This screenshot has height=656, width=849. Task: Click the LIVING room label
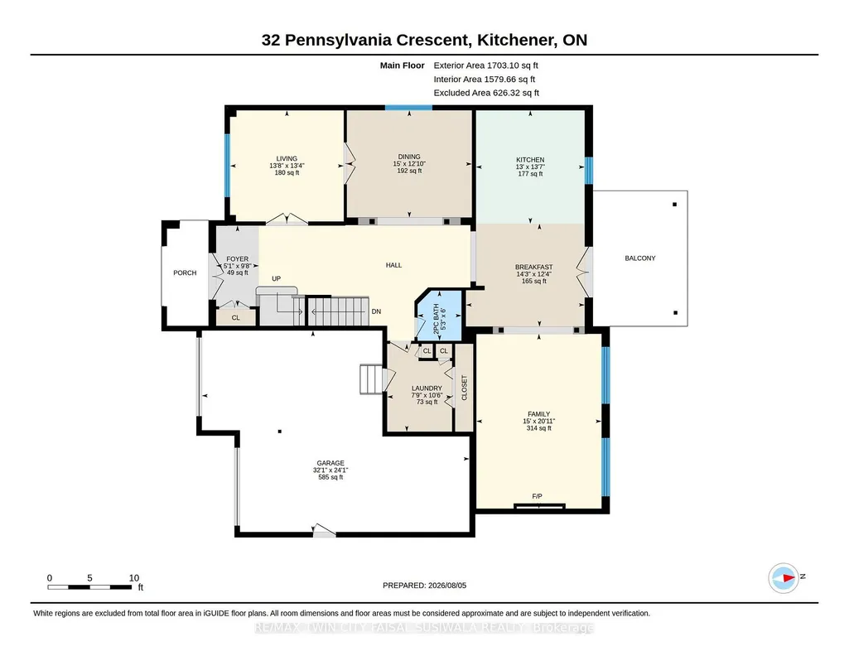(287, 158)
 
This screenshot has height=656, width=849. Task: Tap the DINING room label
(409, 157)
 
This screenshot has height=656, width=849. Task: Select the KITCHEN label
(530, 160)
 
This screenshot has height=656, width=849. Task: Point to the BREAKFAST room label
(534, 267)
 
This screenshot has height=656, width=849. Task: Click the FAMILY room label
(538, 414)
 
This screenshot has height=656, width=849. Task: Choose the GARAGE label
(330, 463)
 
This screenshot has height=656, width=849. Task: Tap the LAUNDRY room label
(427, 388)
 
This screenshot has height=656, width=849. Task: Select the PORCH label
(185, 273)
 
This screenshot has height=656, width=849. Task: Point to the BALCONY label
(640, 258)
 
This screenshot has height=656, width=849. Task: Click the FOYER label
(237, 259)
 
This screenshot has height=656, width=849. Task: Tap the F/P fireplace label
(537, 496)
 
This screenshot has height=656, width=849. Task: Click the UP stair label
(276, 279)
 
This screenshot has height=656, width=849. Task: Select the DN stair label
(376, 311)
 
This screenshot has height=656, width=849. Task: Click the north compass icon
(784, 578)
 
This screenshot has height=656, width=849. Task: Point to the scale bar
(90, 587)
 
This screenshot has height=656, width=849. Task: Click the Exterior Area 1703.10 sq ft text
(485, 65)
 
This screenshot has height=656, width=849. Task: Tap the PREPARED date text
(424, 585)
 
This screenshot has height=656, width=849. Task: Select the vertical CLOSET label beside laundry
(464, 388)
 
